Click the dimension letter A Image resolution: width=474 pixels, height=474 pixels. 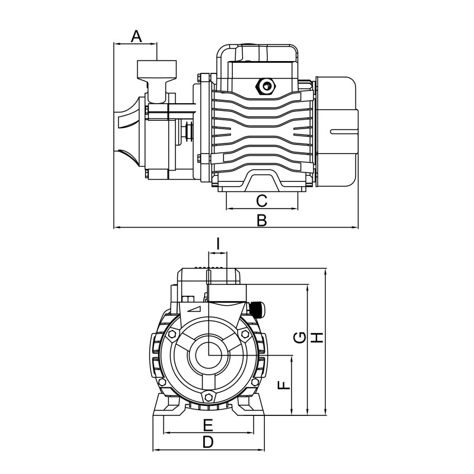pyautogui.click(x=136, y=36)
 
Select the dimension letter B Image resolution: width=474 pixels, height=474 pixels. pyautogui.click(x=261, y=220)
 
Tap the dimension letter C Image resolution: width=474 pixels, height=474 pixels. pyautogui.click(x=261, y=200)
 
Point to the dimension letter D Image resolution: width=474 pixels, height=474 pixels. pyautogui.click(x=208, y=441)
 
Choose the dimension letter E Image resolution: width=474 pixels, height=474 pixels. pyautogui.click(x=208, y=424)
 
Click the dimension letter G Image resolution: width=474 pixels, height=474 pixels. pyautogui.click(x=300, y=338)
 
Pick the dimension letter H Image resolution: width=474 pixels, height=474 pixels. pyautogui.click(x=318, y=338)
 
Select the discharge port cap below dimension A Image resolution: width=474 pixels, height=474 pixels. pyautogui.click(x=157, y=69)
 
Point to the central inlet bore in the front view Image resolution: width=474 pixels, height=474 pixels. pyautogui.click(x=208, y=355)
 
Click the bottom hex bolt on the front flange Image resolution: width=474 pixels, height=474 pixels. pyautogui.click(x=208, y=398)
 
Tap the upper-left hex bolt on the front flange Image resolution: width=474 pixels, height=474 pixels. pyautogui.click(x=172, y=335)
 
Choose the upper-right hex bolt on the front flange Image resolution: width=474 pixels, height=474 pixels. pyautogui.click(x=244, y=335)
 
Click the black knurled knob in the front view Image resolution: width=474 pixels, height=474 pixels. pyautogui.click(x=258, y=309)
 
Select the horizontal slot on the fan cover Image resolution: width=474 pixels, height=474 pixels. pyautogui.click(x=344, y=130)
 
